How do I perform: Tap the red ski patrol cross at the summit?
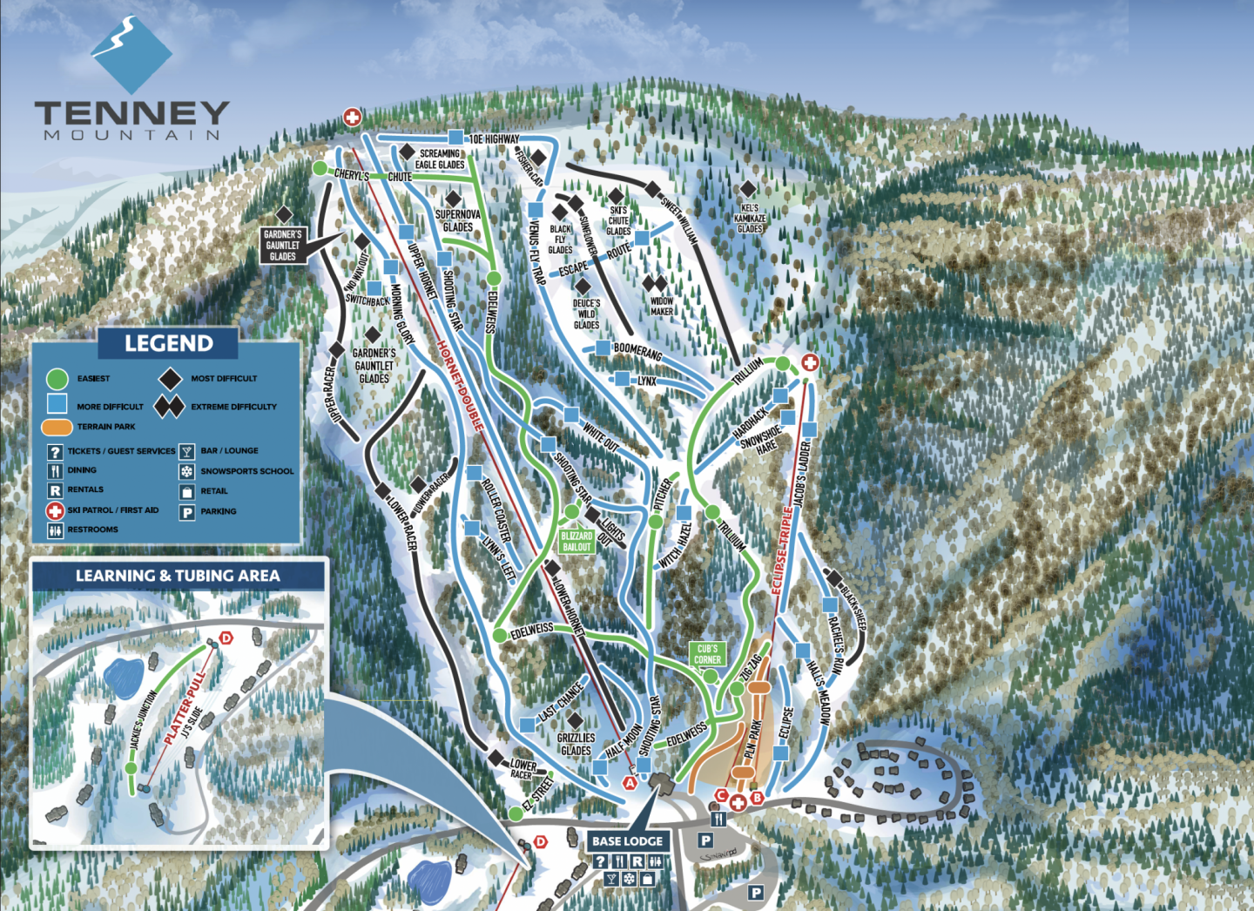point(352,117)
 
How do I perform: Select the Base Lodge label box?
point(628,840)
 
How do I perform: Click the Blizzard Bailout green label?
point(576,541)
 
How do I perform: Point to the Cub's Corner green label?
point(707,653)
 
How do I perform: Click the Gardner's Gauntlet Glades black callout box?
point(283,245)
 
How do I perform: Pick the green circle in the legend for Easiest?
point(57,379)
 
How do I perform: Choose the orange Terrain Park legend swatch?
point(57,427)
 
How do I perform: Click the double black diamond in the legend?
point(169,406)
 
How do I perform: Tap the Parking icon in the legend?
point(186,511)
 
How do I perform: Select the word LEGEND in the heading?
point(168,343)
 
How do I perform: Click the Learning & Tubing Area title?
point(178,576)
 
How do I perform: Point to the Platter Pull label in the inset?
point(185,707)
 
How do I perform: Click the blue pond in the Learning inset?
point(123,674)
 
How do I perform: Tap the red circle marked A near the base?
point(629,783)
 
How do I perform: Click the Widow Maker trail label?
point(661,306)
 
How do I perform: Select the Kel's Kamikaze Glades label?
point(750,219)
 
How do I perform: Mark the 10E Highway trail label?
point(494,138)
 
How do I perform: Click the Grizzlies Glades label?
point(576,744)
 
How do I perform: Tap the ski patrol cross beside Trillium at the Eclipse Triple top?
point(810,362)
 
